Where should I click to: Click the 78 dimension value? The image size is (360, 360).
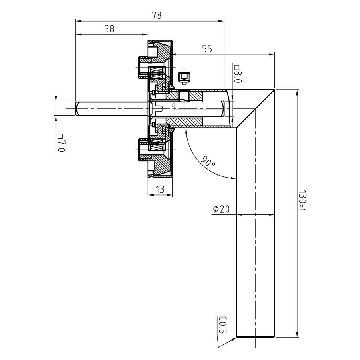click(157, 16)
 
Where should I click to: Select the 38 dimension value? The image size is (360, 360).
click(109, 29)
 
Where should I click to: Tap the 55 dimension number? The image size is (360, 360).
click(207, 49)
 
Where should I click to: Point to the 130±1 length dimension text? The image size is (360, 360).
click(302, 200)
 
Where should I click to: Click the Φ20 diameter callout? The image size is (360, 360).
click(221, 209)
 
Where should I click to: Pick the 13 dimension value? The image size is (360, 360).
click(160, 190)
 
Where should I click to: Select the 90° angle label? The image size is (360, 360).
click(208, 162)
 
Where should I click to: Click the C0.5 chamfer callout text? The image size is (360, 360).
click(222, 325)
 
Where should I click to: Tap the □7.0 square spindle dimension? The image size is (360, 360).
click(61, 143)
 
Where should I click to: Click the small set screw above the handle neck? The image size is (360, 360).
click(184, 77)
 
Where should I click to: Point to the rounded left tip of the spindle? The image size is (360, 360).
click(77, 108)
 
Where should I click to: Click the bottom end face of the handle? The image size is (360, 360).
click(255, 337)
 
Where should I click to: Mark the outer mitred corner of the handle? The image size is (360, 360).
click(274, 90)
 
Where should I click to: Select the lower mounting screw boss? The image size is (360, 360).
click(143, 150)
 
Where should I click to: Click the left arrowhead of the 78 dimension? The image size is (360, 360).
click(78, 21)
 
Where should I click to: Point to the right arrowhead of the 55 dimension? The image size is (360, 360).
click(272, 54)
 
